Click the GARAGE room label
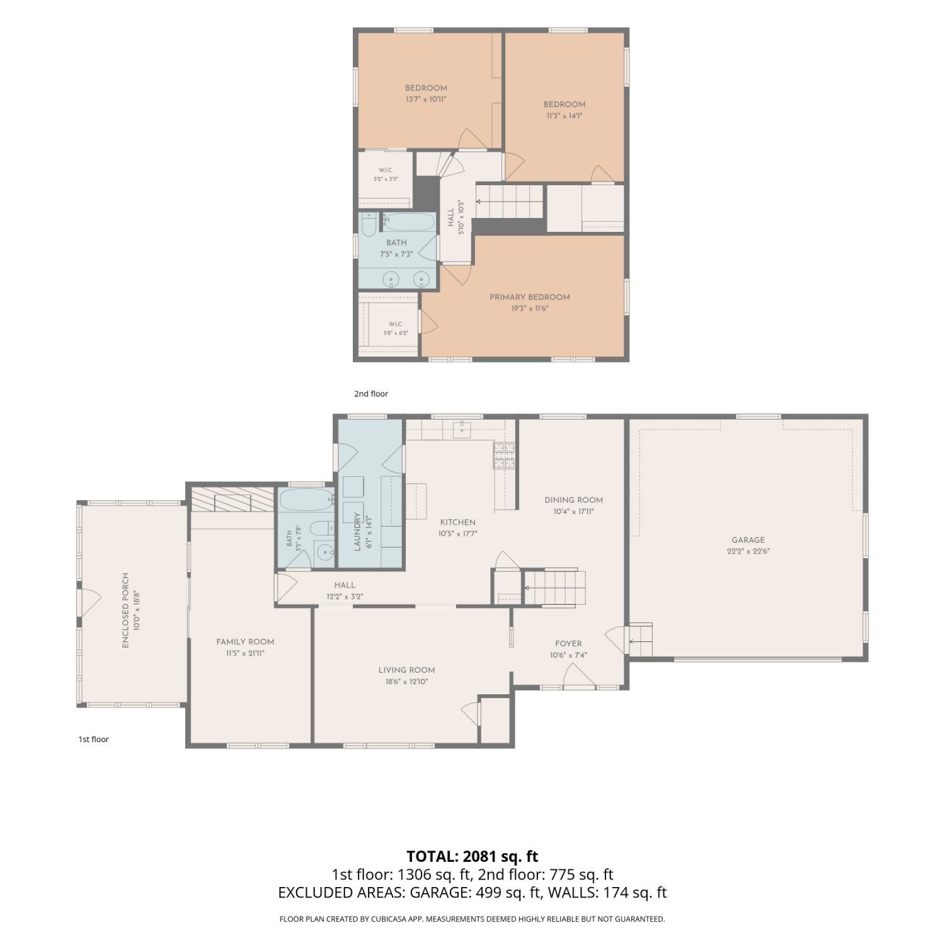[x=748, y=540]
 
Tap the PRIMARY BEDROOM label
[x=530, y=297]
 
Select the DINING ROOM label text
[x=574, y=500]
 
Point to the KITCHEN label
[x=458, y=522]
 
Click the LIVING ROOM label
[x=407, y=670]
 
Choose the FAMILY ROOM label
[x=245, y=642]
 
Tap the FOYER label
[x=568, y=644]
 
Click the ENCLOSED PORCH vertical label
[x=125, y=610]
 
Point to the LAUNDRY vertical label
[x=357, y=532]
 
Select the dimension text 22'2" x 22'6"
[x=748, y=551]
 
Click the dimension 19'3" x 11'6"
[x=530, y=309]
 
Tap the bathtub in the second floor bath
[x=409, y=222]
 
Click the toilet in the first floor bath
[x=322, y=529]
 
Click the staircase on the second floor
[x=509, y=202]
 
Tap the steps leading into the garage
[x=640, y=640]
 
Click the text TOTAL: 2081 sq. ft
[x=472, y=857]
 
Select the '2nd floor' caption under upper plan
[x=371, y=394]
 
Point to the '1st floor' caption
[x=94, y=740]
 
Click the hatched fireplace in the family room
[x=232, y=499]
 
